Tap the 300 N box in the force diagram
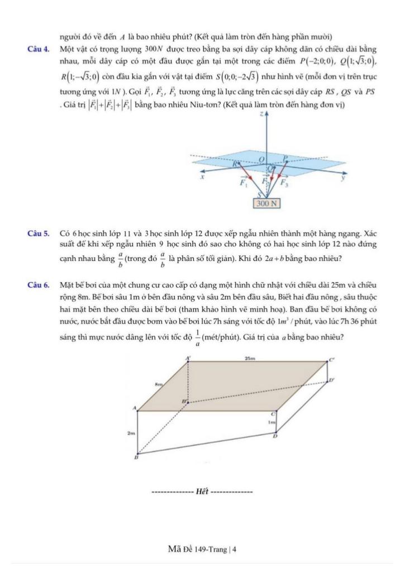(266, 203)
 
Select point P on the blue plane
(285, 158)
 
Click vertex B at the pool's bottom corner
(136, 457)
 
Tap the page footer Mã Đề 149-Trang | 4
(202, 549)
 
